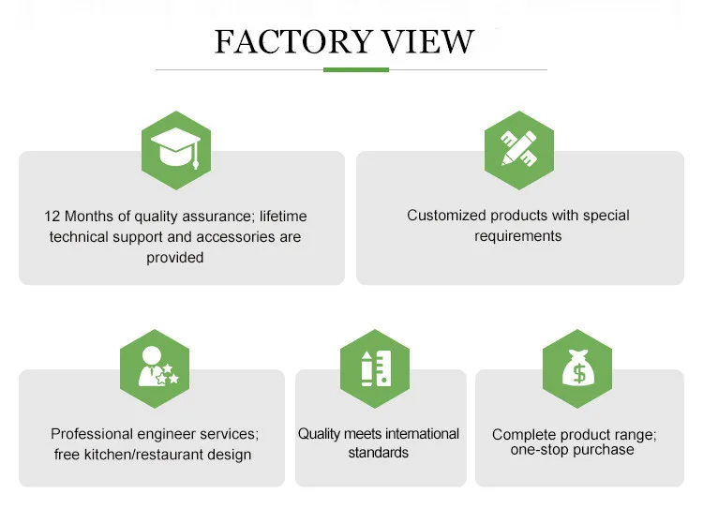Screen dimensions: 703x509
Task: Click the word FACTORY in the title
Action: (293, 41)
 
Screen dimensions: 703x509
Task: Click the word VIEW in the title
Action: (427, 41)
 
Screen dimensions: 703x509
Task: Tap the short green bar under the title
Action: (356, 69)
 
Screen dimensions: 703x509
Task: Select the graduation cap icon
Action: (176, 148)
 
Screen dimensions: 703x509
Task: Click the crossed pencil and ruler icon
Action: (519, 148)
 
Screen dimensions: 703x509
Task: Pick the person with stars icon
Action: (157, 367)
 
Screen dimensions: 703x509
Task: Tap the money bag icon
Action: (578, 367)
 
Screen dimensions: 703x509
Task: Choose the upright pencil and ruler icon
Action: (376, 368)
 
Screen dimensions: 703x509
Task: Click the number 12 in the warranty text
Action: (52, 217)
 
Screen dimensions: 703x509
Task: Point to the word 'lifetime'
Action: (283, 217)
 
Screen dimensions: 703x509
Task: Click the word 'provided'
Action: (175, 258)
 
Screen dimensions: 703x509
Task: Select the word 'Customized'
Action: (446, 216)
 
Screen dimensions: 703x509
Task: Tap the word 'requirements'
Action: (517, 236)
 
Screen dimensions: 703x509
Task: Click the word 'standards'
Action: (379, 453)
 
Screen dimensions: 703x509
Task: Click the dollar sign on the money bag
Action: (579, 373)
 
